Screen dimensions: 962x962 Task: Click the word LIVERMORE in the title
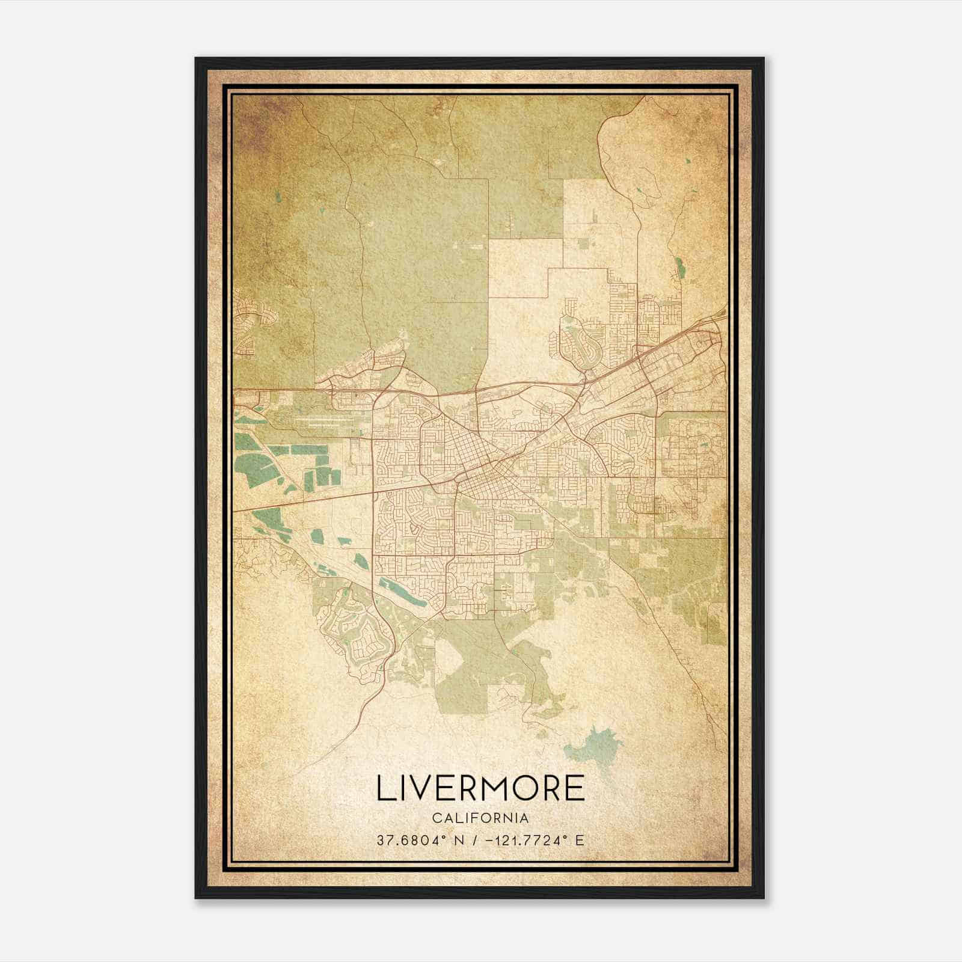(480, 788)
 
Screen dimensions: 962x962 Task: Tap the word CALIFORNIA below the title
(480, 818)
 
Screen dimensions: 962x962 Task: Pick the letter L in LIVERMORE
(384, 788)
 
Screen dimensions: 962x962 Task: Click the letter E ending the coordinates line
(580, 841)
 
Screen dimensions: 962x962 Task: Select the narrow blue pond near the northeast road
(679, 268)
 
